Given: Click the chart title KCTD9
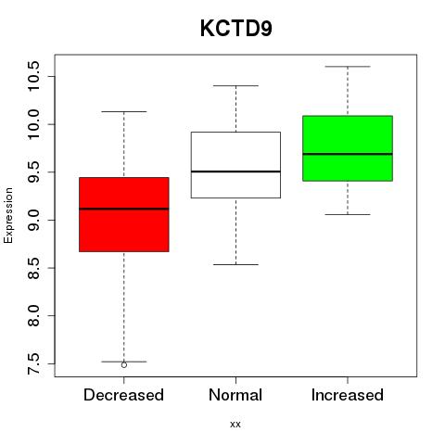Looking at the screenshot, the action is click(236, 29).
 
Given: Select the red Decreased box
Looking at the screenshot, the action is click(124, 214).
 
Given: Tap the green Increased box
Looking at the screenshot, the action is click(348, 148).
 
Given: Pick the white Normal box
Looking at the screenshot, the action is click(235, 165).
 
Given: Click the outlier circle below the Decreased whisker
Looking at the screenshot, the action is click(124, 365).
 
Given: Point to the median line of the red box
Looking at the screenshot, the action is click(124, 209).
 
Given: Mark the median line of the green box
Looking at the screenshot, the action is click(348, 154).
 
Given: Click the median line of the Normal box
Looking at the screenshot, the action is click(235, 172).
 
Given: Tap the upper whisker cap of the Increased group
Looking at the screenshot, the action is click(348, 67).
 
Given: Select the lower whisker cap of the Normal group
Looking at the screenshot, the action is click(235, 264).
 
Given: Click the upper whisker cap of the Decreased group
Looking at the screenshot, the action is click(124, 111).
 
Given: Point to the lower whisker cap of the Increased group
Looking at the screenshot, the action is click(348, 214).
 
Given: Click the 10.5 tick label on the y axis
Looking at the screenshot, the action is click(33, 76).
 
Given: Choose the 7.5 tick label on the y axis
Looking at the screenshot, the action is click(33, 363).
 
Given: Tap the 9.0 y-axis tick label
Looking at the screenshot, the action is click(33, 220).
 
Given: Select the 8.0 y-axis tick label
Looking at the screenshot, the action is click(33, 315).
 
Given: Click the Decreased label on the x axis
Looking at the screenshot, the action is click(123, 395).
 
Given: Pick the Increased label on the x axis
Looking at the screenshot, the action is click(348, 395).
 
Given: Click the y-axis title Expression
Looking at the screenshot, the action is click(8, 215).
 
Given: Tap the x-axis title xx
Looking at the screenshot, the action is click(235, 425).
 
